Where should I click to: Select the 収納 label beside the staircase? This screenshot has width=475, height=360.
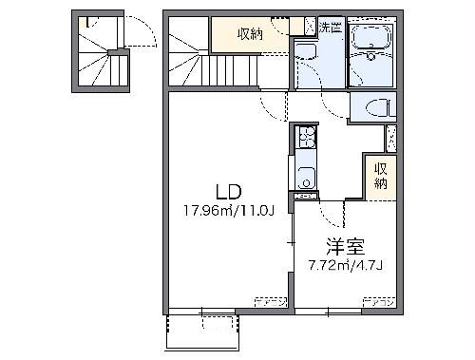click(250, 34)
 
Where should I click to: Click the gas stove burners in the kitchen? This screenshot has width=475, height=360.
click(306, 142)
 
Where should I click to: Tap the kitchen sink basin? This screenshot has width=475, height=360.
click(306, 177)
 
